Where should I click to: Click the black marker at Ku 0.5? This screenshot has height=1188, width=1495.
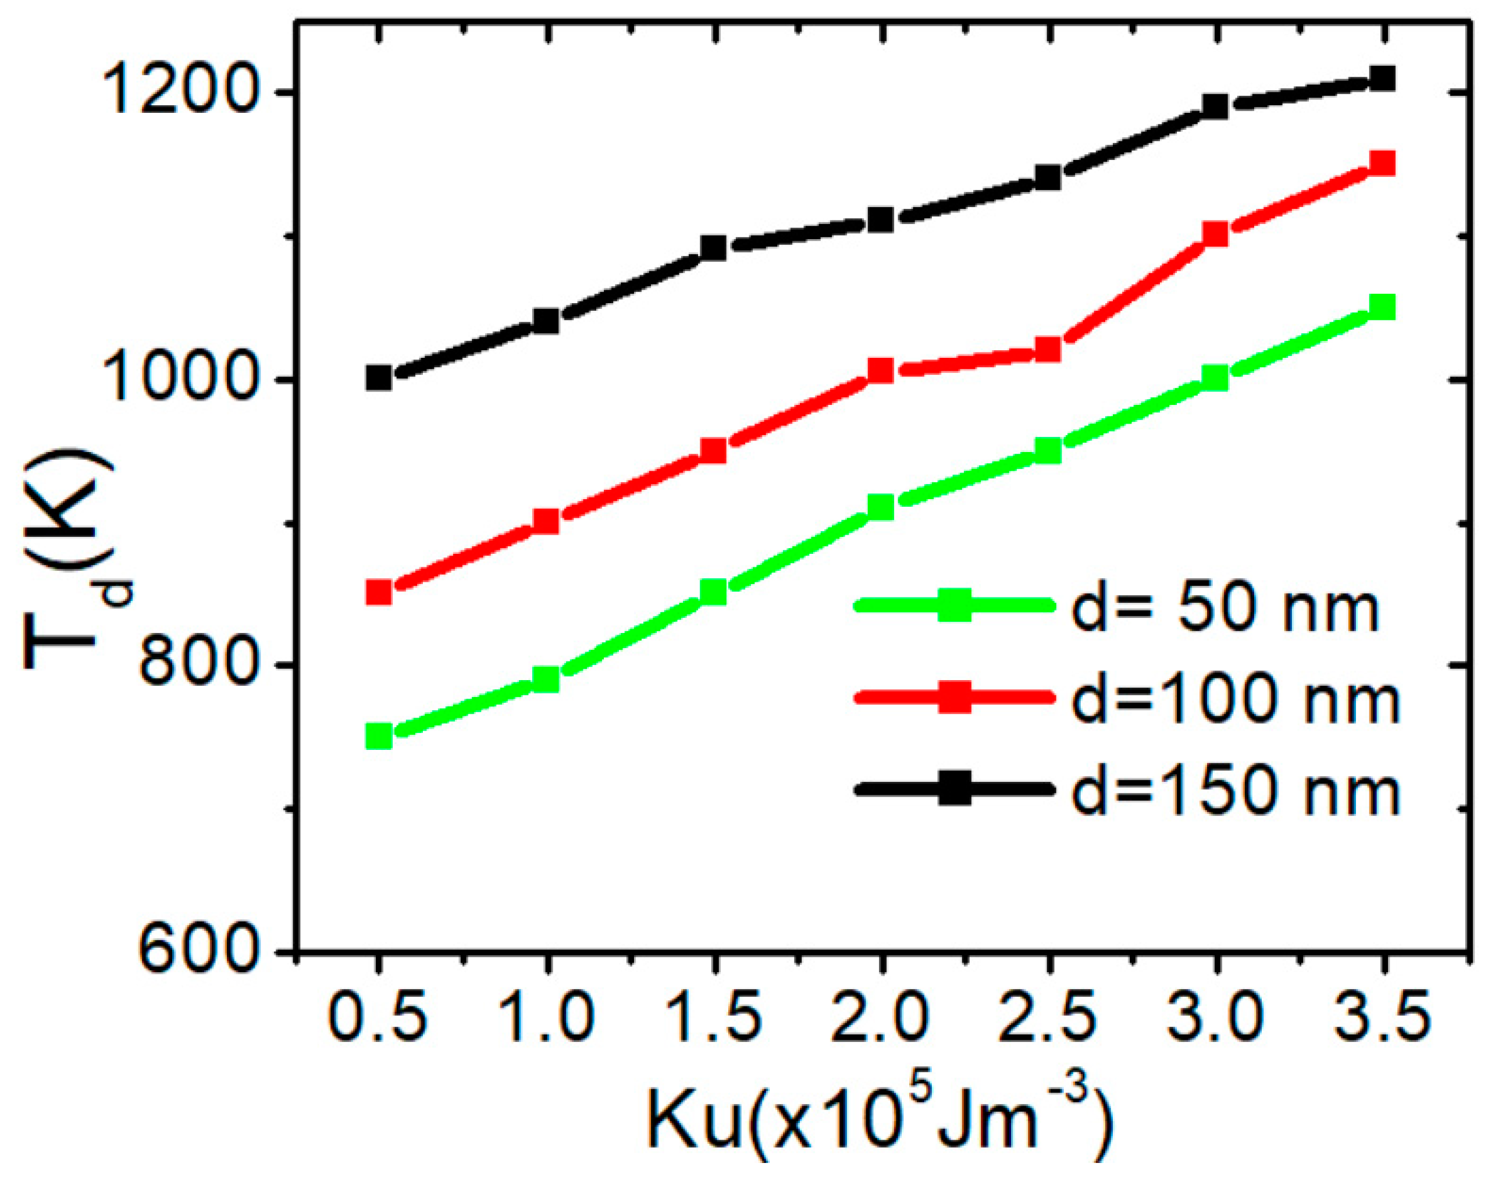click(x=379, y=378)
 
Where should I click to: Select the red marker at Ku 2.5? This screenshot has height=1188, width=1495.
click(x=1048, y=349)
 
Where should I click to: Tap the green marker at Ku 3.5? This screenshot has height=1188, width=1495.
click(x=1383, y=307)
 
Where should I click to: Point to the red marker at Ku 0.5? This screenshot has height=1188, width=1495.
click(x=379, y=592)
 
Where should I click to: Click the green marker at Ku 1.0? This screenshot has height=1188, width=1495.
click(x=546, y=679)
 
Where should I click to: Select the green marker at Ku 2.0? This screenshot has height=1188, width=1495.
click(x=881, y=507)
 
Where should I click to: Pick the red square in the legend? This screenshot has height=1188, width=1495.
click(x=954, y=698)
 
